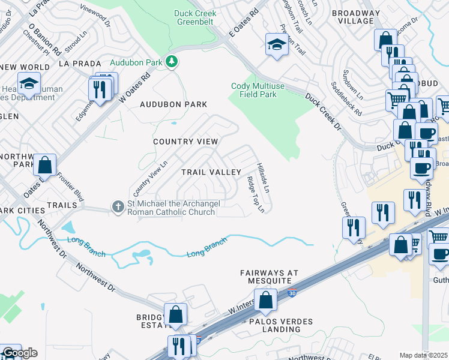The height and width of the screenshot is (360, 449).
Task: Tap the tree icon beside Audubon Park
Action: pos(172,62)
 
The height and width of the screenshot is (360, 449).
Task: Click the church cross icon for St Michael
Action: pos(118,207)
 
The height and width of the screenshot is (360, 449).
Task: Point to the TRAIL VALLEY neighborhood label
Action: pos(211,172)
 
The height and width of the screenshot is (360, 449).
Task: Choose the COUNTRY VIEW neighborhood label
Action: pos(185,142)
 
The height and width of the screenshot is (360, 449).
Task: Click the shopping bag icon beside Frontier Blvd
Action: pos(44,164)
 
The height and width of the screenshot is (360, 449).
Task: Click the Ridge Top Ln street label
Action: pos(256,194)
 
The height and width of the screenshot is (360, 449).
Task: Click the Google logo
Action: pos(19,353)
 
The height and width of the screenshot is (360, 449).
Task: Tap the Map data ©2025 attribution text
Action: pos(423,355)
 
